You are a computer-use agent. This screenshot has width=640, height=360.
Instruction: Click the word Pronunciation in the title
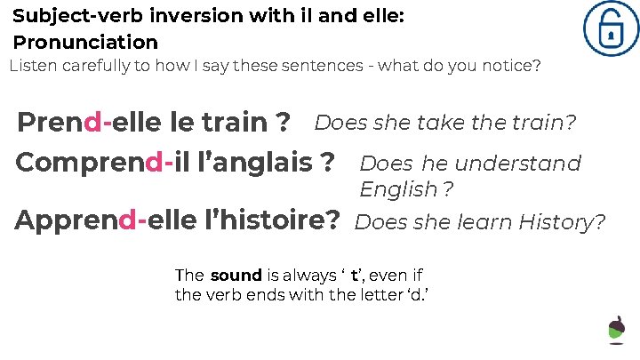(x=85, y=42)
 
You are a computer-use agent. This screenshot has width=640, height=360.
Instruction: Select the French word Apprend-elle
(x=108, y=220)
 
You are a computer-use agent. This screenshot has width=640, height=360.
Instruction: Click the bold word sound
(x=236, y=276)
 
